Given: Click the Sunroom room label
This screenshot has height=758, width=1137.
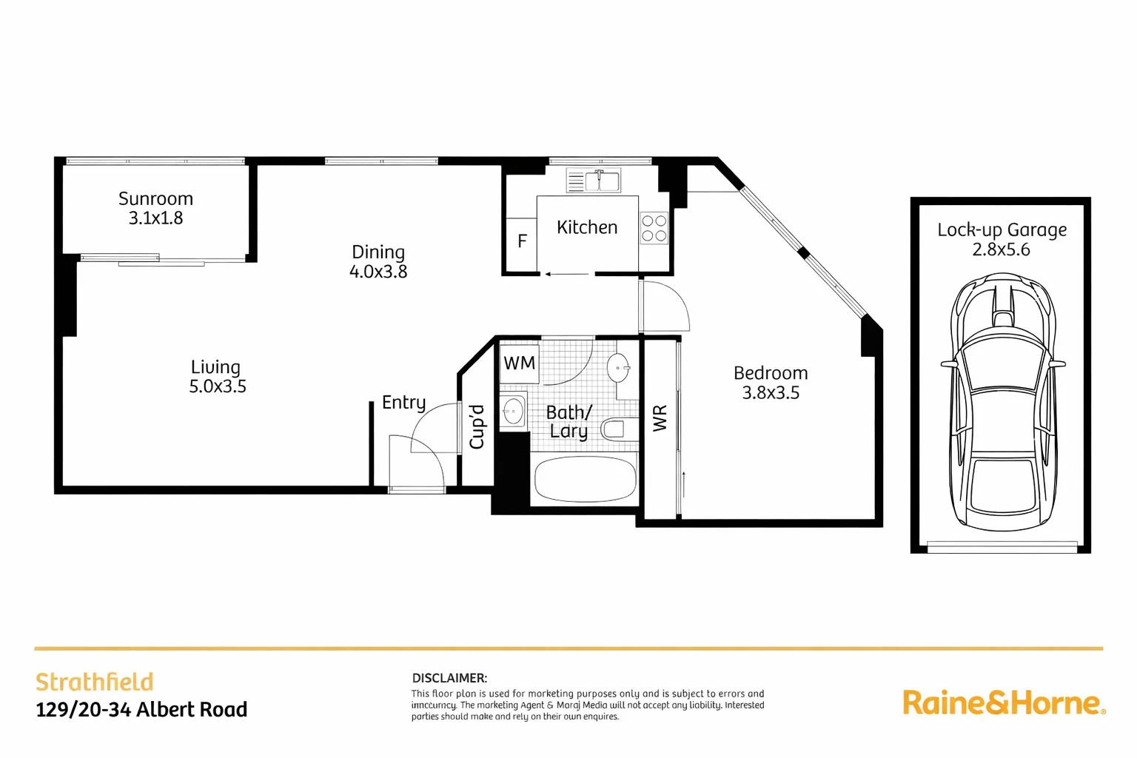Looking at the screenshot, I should point(155,198).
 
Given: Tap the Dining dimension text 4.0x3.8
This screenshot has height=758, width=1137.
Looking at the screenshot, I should point(378,272).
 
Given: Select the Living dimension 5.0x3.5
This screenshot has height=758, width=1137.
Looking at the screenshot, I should point(218,386).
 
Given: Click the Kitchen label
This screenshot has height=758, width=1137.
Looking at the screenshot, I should point(587,227).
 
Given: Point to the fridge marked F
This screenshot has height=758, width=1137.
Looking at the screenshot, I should point(522,241).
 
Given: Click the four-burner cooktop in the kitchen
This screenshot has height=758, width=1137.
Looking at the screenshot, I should point(654,228).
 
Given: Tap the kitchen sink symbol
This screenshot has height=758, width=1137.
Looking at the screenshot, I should point(594,180).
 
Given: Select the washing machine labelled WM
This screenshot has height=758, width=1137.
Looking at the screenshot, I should point(519,363).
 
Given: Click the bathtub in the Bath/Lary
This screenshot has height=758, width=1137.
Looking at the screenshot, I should point(585,480).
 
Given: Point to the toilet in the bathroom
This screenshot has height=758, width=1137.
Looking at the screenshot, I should point(614,429).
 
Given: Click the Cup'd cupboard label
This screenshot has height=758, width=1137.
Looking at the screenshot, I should point(477,426).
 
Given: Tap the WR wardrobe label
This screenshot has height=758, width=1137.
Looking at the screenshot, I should point(660,417).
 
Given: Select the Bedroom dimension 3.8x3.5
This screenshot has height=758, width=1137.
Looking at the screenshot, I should point(771,393).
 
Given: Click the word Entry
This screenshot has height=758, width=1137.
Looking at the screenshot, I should point(403,403).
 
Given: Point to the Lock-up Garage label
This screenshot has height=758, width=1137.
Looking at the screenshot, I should point(1002,230).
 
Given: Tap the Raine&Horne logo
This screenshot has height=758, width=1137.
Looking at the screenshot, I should point(1003,702).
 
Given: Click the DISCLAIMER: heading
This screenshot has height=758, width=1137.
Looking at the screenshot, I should point(449,677).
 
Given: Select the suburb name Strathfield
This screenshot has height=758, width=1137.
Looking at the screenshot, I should point(95,682).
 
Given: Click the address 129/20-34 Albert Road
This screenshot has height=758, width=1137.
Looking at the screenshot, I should point(141,710).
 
